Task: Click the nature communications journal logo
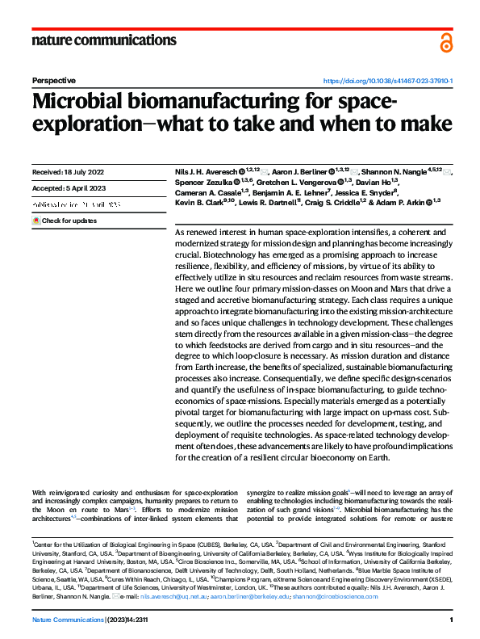(x=103, y=40)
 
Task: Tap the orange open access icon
(x=446, y=43)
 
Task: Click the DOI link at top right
(x=388, y=82)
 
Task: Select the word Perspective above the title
(x=53, y=82)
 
